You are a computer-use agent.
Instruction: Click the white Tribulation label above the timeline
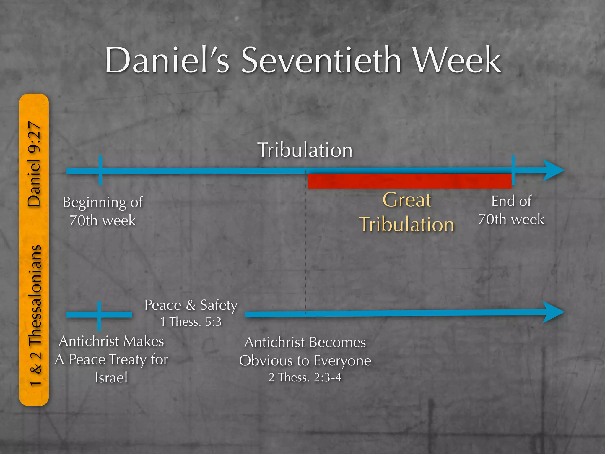(x=305, y=150)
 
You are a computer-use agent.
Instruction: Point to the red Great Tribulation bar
(x=409, y=181)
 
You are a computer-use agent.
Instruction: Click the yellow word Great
(x=407, y=200)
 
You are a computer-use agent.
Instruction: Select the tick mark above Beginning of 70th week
(x=100, y=170)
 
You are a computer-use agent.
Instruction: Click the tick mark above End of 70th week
(x=513, y=170)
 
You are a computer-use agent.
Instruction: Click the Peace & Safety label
(x=191, y=305)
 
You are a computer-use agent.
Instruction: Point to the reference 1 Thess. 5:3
(x=191, y=322)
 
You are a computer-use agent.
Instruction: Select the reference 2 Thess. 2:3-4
(x=305, y=377)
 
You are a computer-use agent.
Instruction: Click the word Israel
(x=111, y=378)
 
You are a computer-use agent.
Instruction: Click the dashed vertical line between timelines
(x=305, y=251)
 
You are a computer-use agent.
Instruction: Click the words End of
(x=511, y=201)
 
